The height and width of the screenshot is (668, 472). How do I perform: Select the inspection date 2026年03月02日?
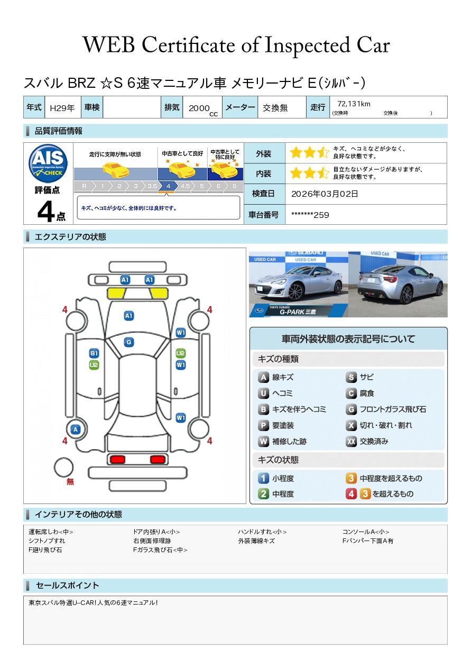(325, 194)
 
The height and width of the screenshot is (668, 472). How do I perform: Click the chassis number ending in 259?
(310, 215)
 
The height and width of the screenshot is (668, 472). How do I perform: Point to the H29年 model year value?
(62, 108)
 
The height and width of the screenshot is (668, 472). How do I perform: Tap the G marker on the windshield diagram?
(128, 342)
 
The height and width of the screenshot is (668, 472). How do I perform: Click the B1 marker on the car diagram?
(94, 353)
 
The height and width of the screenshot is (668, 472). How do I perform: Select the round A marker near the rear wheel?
(76, 429)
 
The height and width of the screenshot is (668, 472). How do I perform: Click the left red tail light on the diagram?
(115, 460)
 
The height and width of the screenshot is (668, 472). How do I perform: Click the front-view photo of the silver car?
(298, 284)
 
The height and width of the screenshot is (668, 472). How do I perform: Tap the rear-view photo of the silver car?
(398, 284)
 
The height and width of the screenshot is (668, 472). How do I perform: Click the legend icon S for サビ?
(351, 378)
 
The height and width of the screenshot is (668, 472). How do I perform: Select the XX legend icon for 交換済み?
(351, 441)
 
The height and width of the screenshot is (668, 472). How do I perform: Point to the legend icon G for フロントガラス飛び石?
(351, 409)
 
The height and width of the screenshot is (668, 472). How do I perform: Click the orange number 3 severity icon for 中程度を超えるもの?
(351, 478)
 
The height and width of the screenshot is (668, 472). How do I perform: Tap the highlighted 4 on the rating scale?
(168, 186)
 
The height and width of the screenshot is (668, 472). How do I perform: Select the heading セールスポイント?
(67, 585)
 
